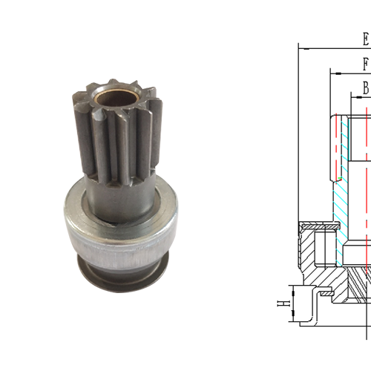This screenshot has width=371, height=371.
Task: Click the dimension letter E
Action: point(365,39)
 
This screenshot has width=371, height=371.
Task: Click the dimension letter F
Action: point(366,65)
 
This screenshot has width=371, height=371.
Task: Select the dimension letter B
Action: point(366,88)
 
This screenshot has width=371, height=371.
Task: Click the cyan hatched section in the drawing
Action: point(342,193)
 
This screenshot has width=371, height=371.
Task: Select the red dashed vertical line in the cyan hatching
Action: point(346,185)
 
